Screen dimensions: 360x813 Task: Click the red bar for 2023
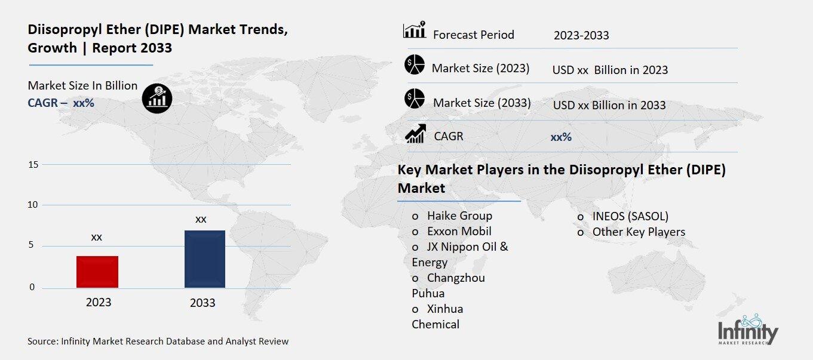point(97,272)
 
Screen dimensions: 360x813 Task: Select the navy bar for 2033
point(205,259)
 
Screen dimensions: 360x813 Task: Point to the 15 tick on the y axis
point(33,164)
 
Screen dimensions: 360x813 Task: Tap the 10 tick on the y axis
point(33,205)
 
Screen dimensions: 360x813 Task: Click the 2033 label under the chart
point(203,303)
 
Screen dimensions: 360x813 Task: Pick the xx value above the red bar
point(96,237)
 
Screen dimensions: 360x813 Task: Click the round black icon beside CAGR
point(157,97)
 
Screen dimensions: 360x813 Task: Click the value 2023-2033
point(581,35)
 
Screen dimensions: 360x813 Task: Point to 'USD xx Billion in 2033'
point(609,105)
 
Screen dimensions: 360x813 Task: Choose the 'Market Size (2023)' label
point(480,68)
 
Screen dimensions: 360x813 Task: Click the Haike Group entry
point(459,216)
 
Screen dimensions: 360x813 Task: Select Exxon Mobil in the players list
point(459,231)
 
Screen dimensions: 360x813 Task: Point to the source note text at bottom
point(158,341)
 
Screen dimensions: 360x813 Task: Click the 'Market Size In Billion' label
point(82,85)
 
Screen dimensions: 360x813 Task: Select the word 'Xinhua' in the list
point(445,309)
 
